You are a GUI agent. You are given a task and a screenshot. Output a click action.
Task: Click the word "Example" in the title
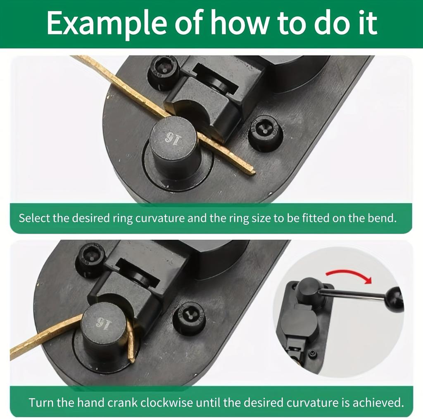106,23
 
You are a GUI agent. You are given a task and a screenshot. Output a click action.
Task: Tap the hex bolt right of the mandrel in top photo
265,133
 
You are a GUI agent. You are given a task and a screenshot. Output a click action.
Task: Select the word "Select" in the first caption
35,218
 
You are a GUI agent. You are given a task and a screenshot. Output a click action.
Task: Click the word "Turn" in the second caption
41,402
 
